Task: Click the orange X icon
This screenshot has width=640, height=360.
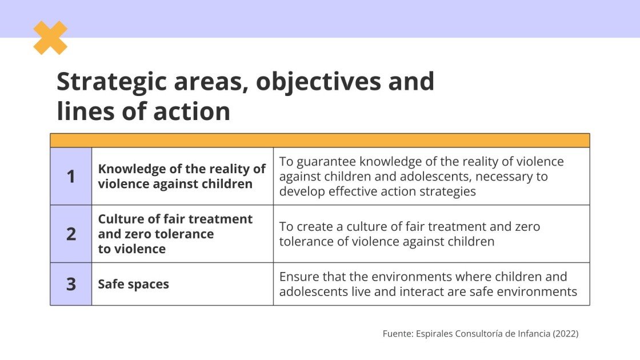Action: coord(50,38)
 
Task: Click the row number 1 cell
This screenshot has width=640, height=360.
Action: coord(71,177)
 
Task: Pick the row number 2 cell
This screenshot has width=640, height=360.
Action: coord(71,234)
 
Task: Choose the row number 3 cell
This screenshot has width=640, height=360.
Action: coord(71,284)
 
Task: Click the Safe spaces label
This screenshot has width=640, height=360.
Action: coord(133,284)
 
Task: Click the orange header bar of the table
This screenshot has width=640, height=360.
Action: coord(319,141)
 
